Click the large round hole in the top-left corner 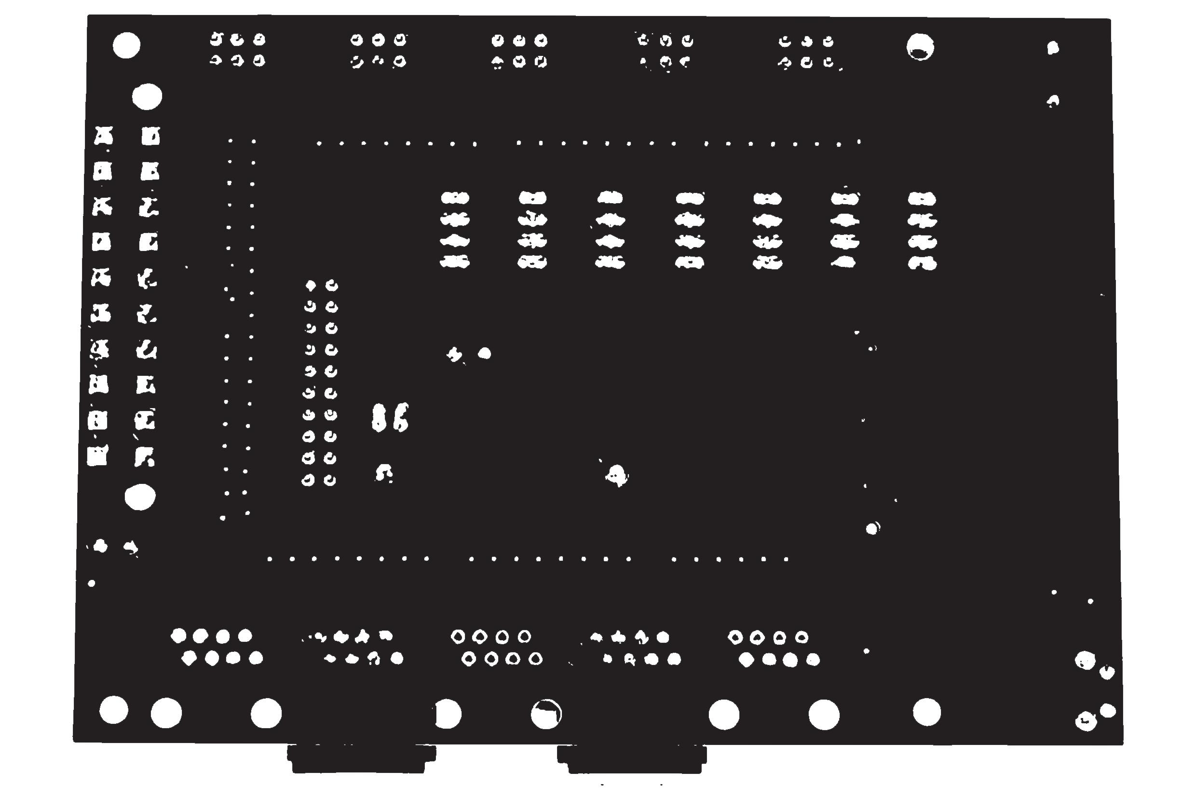(x=126, y=45)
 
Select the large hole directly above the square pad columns (x=147, y=97)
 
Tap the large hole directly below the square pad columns (x=140, y=497)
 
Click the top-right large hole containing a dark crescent (x=920, y=47)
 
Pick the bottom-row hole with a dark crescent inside (x=546, y=714)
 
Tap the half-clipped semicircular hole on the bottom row (x=448, y=713)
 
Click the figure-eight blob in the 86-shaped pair (x=379, y=418)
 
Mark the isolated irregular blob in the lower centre (x=617, y=475)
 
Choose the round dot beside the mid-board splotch (x=484, y=353)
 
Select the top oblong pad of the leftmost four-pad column (x=455, y=197)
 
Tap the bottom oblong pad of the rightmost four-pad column (x=922, y=264)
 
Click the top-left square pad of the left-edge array (x=104, y=136)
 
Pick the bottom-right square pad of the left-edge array (x=144, y=457)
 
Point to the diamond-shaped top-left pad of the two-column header (x=311, y=285)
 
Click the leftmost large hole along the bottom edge (x=114, y=710)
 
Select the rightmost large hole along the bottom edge (x=926, y=712)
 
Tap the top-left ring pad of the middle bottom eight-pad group (x=458, y=636)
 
